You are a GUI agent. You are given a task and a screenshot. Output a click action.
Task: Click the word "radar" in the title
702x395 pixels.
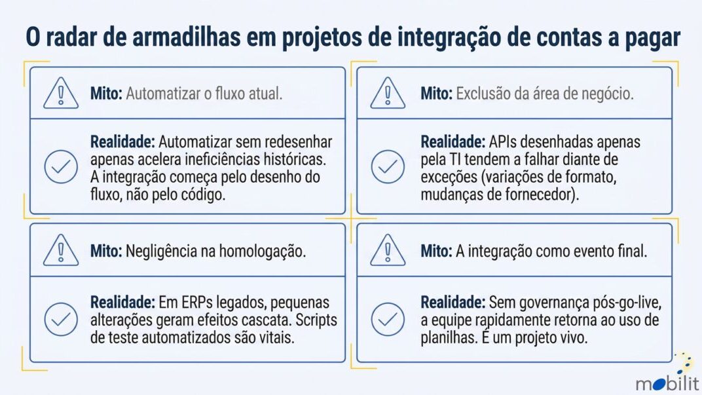[x=71, y=37]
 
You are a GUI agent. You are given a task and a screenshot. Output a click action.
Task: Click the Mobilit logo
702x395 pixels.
[x=668, y=375]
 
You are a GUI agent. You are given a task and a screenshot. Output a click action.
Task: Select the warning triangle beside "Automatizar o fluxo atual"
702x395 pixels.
[x=61, y=93]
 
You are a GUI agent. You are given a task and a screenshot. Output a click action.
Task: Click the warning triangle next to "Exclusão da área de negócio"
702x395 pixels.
[x=388, y=93]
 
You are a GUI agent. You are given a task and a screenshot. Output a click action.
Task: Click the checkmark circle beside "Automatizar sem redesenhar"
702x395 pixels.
[x=61, y=166]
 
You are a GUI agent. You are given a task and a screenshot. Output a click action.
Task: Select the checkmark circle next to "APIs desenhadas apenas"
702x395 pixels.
[x=388, y=166]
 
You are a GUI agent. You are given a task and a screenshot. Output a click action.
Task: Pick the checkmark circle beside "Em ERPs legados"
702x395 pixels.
[x=61, y=319]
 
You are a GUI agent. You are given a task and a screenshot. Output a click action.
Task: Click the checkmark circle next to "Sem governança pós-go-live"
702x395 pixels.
[x=388, y=319]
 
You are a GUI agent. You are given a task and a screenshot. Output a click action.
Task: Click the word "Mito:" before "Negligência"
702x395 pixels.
[x=106, y=251]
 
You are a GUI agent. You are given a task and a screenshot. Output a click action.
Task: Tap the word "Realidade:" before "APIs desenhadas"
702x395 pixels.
[x=453, y=142]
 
